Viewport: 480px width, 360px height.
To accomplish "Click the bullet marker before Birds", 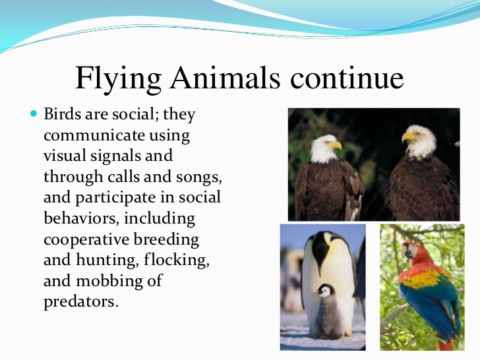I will (x=36, y=115).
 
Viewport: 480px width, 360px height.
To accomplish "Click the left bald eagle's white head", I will (x=323, y=148).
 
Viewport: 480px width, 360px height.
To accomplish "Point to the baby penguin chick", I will (x=326, y=309).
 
